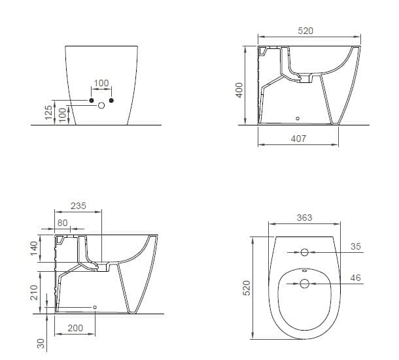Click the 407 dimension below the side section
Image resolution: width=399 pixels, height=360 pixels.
coord(299,139)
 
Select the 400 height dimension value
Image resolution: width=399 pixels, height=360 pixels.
coord(239,90)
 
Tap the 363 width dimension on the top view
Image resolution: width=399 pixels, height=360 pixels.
coord(304,218)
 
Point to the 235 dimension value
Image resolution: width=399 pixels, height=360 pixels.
coord(78,205)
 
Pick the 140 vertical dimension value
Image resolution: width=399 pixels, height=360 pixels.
coord(35,250)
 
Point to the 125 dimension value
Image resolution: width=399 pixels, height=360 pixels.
coord(48,112)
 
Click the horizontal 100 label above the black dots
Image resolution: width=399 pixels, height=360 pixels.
coord(101,84)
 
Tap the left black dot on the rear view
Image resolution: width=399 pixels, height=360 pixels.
coord(92,100)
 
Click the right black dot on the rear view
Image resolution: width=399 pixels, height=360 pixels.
coord(111,100)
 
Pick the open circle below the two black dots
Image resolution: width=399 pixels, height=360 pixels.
coord(101,105)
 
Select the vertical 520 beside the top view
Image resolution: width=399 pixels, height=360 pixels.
coord(247,287)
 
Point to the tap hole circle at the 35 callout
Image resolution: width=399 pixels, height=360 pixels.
coord(304,252)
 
